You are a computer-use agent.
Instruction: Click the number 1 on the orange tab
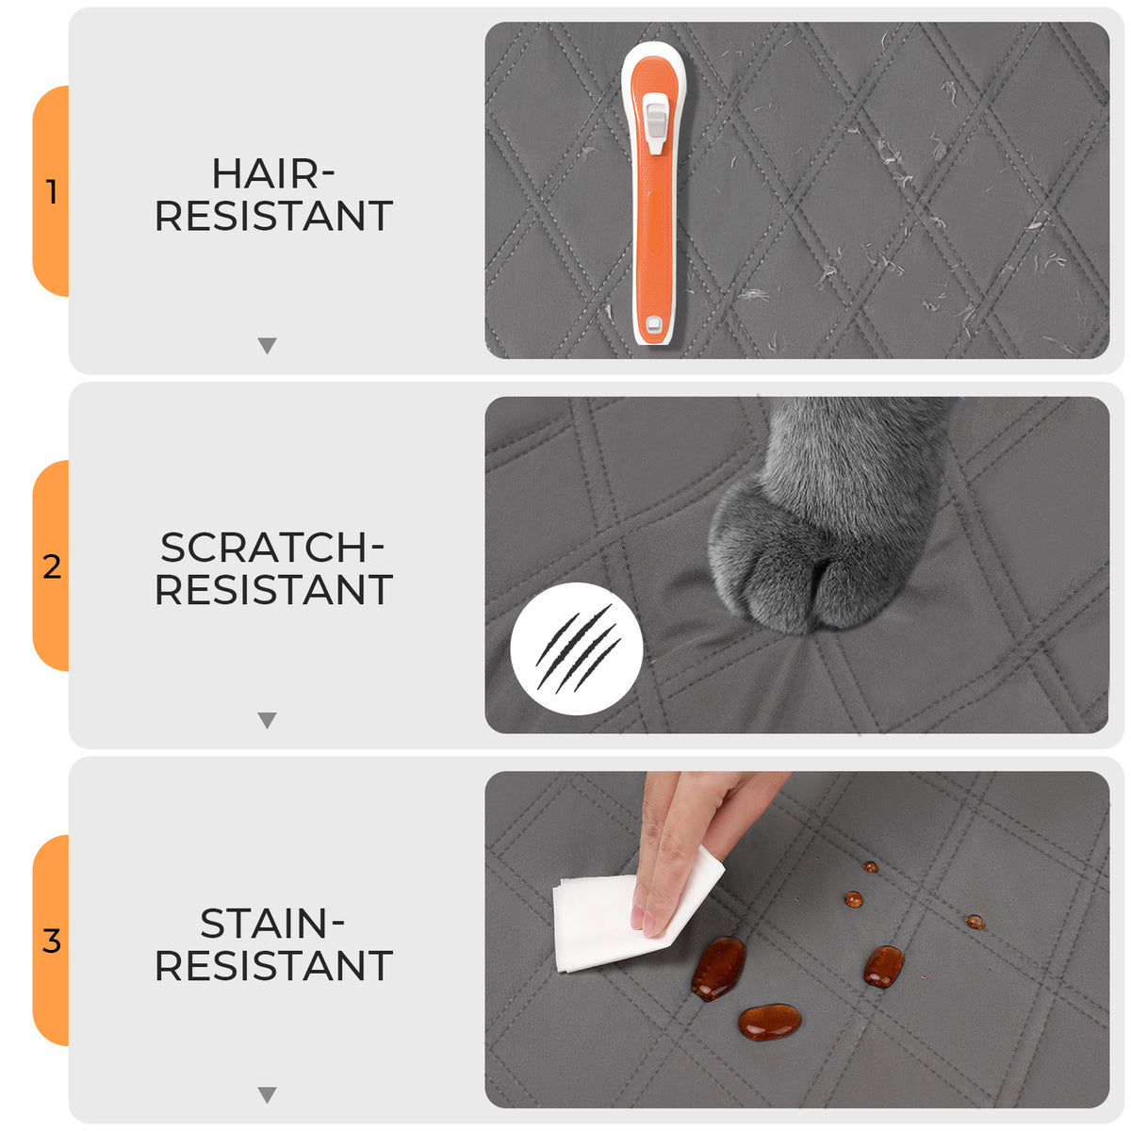tap(53, 192)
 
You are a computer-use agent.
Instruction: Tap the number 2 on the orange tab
tap(52, 566)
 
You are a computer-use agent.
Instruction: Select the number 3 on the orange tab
tap(52, 941)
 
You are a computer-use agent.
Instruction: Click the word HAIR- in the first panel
tap(273, 173)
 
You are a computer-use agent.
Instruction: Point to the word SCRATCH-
tap(271, 548)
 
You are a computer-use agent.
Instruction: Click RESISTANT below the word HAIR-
tap(273, 216)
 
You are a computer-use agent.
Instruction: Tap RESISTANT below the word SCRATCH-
tap(273, 590)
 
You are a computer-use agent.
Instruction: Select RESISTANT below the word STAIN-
tap(273, 965)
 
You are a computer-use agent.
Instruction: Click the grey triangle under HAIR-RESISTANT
tap(267, 345)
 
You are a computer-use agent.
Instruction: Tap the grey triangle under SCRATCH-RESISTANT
tap(267, 719)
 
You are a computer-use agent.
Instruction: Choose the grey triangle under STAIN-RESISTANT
tap(267, 1094)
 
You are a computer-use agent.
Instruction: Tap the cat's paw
tap(822, 528)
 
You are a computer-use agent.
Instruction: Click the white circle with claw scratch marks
tap(577, 647)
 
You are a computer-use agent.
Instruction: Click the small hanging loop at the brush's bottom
tap(653, 324)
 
